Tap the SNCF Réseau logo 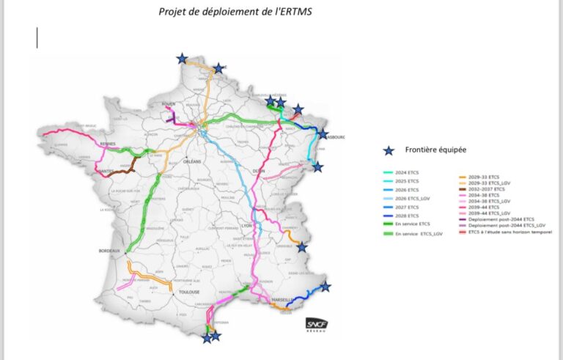(x=317, y=325)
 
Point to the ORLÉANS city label (x=193, y=161)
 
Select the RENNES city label (x=108, y=144)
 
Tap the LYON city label (x=245, y=225)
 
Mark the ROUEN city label (x=169, y=104)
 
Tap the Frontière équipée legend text (x=436, y=150)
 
